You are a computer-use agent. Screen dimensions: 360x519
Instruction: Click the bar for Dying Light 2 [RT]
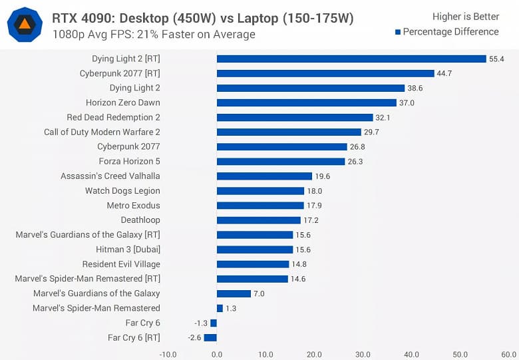(x=351, y=59)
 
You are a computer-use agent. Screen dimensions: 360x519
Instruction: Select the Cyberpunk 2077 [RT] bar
(x=325, y=73)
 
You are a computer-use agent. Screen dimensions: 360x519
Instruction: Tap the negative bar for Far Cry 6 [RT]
(x=210, y=337)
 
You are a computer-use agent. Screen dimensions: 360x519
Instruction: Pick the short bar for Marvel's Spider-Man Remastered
(x=220, y=308)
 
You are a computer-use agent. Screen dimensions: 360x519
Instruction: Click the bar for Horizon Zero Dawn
(x=307, y=102)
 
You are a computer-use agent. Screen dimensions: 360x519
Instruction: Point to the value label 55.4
(x=496, y=59)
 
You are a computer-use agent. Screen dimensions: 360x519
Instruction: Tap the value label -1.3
(x=201, y=323)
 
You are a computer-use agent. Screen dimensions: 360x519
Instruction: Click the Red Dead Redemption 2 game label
(x=113, y=117)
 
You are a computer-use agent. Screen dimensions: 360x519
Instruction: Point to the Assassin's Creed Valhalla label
(x=110, y=176)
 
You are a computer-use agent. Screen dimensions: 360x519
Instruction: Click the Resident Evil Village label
(x=121, y=264)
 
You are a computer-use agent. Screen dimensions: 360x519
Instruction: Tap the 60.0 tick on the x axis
(x=508, y=354)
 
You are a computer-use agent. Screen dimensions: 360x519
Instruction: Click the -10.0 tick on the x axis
(x=168, y=354)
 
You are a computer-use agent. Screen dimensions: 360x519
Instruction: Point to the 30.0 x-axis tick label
(x=363, y=354)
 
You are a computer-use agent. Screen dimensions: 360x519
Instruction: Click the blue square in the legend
(x=397, y=32)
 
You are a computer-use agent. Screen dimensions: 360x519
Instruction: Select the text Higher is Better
(x=465, y=17)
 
